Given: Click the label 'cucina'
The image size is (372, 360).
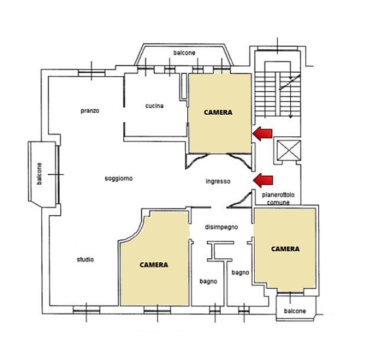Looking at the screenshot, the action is pyautogui.click(x=155, y=106).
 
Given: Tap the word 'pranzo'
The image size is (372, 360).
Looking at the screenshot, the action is pyautogui.click(x=90, y=111).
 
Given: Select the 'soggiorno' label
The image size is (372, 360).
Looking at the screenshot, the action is pyautogui.click(x=119, y=178).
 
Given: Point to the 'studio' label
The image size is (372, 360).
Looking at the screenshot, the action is pyautogui.click(x=85, y=259).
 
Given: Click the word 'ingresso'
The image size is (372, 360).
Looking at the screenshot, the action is pyautogui.click(x=218, y=182).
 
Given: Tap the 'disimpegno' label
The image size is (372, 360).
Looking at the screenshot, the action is pyautogui.click(x=221, y=228).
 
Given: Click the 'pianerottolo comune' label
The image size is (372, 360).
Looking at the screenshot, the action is pyautogui.click(x=278, y=199).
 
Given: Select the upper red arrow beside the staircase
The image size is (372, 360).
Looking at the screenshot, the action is pyautogui.click(x=263, y=134).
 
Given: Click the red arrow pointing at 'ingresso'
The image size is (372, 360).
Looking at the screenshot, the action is pyautogui.click(x=263, y=180).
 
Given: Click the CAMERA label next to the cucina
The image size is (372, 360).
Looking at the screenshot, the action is pyautogui.click(x=218, y=112).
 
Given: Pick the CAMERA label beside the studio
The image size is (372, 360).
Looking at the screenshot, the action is pyautogui.click(x=154, y=265).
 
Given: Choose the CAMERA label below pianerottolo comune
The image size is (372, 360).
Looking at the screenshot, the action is pyautogui.click(x=285, y=249).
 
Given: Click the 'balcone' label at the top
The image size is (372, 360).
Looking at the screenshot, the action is pyautogui.click(x=184, y=52).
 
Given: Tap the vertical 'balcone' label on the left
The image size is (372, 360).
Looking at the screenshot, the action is pyautogui.click(x=39, y=174).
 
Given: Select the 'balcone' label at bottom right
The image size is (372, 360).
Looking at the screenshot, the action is pyautogui.click(x=295, y=311).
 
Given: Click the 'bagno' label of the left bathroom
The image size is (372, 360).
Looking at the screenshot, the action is pyautogui.click(x=208, y=281).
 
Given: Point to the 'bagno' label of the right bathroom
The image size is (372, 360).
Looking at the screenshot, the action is pyautogui.click(x=240, y=273).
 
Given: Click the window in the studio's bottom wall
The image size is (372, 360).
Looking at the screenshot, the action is pyautogui.click(x=86, y=310).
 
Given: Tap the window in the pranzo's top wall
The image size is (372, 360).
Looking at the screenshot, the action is pyautogui.click(x=92, y=73).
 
